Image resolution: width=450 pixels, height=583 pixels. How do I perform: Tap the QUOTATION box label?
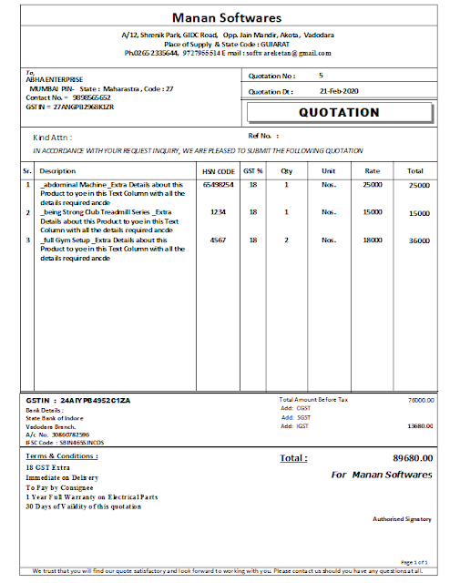click(x=339, y=112)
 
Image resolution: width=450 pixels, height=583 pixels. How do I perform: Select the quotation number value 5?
click(x=321, y=76)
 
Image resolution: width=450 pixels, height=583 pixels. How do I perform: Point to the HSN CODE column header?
click(x=219, y=170)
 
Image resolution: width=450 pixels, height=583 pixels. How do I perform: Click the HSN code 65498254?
click(x=219, y=185)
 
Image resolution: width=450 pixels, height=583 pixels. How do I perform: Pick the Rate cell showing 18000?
click(x=372, y=240)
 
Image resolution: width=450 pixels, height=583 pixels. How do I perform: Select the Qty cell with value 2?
click(x=287, y=240)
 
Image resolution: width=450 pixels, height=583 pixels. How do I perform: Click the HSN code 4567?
click(x=219, y=240)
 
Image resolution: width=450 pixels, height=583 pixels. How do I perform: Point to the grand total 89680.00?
click(x=413, y=457)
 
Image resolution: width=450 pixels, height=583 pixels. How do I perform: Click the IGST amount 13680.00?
click(x=419, y=425)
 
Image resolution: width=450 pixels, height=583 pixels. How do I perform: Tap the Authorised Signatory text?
click(x=402, y=518)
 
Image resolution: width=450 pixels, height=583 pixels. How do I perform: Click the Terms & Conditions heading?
click(x=62, y=455)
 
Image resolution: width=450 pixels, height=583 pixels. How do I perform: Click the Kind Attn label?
click(x=52, y=137)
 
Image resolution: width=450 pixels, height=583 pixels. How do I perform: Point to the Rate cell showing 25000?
click(x=372, y=185)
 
